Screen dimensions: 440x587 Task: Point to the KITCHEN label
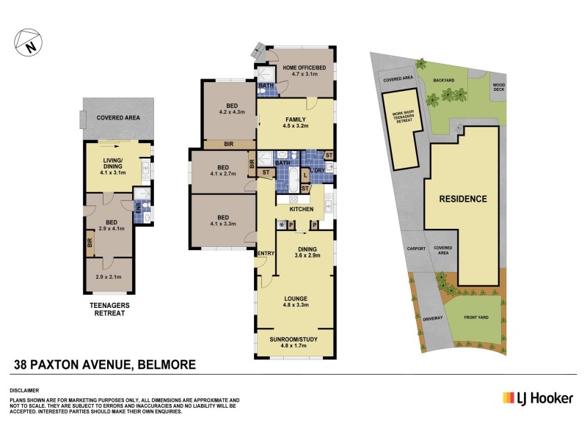[302, 208]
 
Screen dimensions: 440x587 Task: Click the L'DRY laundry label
[317, 171]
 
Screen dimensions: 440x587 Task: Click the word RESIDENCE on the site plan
[463, 199]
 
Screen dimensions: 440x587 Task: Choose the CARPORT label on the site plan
[417, 249]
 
